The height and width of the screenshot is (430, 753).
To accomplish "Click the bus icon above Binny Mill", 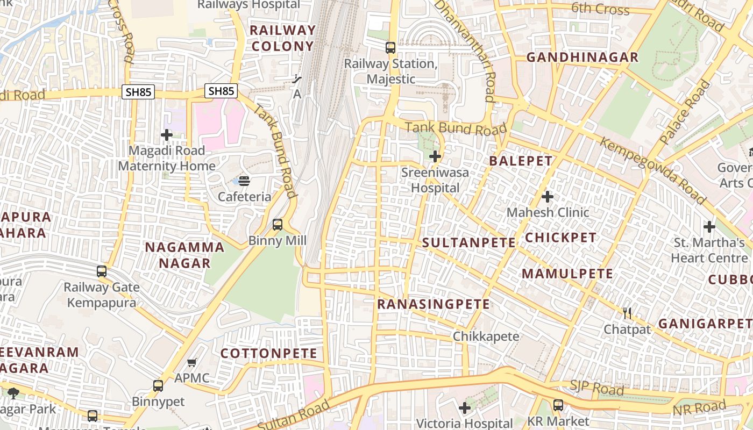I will pos(278,225).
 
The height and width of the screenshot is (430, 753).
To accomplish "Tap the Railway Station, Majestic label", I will pos(390,71).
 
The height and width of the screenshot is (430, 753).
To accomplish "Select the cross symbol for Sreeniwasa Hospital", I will pos(435,157).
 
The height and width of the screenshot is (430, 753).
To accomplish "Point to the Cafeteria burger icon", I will pos(244,181).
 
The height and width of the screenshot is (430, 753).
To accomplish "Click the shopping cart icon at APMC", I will pos(192,363).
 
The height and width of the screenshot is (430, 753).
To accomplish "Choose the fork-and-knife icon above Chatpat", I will pos(627,313).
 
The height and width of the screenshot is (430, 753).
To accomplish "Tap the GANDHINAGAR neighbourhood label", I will pos(582,57).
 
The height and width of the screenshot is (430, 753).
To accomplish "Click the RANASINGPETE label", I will pos(434,304).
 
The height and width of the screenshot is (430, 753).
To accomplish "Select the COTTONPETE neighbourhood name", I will pos(269,353).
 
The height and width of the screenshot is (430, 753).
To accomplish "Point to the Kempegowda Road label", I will pos(652,170).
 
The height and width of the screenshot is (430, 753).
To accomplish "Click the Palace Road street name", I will pos(685,112).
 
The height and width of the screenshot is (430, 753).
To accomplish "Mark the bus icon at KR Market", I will pos(558,405).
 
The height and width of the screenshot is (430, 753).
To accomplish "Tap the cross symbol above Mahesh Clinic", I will pos(548,197).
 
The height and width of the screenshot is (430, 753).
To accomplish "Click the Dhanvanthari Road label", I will pos(465,51).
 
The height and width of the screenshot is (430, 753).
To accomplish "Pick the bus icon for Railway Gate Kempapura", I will pos(102,271).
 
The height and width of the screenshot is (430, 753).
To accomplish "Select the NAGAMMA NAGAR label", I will pos(184,255).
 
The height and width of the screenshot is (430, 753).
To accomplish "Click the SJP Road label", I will pos(596,388).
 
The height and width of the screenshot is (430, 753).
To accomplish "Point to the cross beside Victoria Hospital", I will pos(465,408).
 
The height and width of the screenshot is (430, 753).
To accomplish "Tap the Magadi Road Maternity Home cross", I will pos(167,135).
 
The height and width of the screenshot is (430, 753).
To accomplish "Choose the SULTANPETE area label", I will pos(469,242).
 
